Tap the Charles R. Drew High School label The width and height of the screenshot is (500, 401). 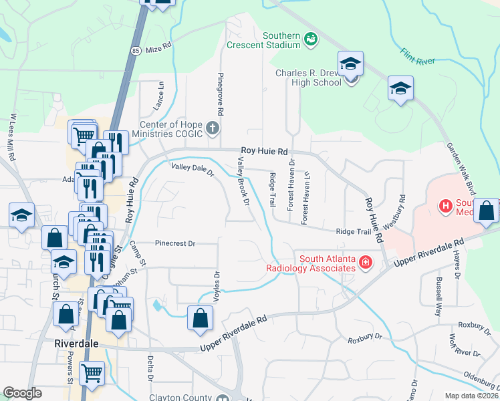coord(308,78)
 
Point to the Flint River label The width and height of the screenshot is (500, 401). coord(418,56)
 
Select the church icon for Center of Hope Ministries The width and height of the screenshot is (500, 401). coord(213,128)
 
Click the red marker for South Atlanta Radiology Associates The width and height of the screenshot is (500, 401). coord(366,262)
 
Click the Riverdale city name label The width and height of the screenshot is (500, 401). coord(76,343)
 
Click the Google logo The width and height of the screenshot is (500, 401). coord(22,393)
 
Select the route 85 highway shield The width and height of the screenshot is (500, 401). coord(136,50)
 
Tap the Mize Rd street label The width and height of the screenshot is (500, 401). coord(158,49)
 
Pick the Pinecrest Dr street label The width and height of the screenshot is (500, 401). coord(174,243)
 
